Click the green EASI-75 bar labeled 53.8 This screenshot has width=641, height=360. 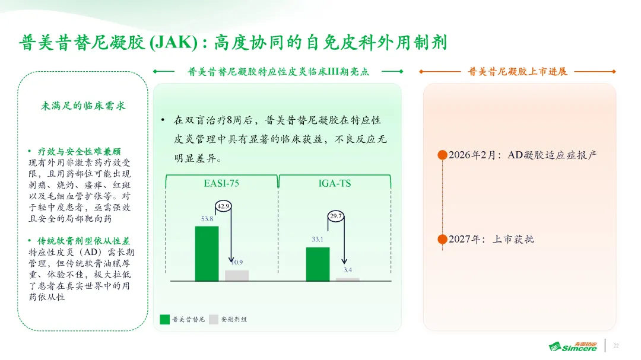coord(207,254)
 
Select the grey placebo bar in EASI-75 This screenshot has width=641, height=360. coord(237,276)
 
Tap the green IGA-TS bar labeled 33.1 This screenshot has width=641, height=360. coord(318,264)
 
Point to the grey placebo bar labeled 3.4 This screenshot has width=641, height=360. coord(347,279)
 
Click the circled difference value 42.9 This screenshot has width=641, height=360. coord(223,206)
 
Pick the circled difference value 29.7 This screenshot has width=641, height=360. coord(335,216)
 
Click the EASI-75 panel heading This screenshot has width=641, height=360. coord(221,183)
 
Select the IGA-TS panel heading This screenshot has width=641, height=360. coord(335,183)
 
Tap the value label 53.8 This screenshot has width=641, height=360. coord(207,219)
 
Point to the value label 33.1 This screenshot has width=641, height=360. coord(318,240)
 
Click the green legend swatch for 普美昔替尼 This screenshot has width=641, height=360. coord(165,319)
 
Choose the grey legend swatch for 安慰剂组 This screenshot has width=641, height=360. coord(214,319)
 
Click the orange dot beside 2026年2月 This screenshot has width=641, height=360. coord(442,155)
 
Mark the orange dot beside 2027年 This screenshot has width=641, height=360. coord(442,239)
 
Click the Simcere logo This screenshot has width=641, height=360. coord(573,346)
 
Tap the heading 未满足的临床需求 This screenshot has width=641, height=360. coord(83,106)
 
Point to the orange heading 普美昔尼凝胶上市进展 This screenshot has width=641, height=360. coord(518,72)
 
